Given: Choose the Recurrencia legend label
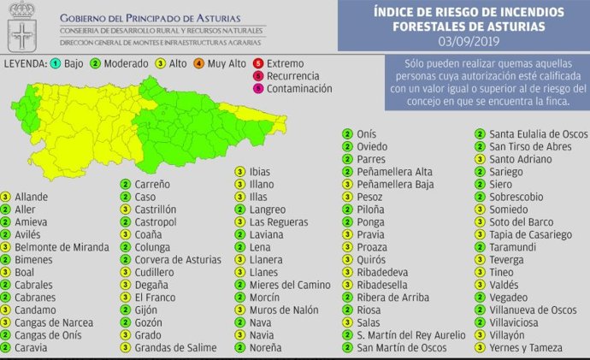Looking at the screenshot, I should pos(294,75).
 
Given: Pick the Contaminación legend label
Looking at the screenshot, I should pos(299,88).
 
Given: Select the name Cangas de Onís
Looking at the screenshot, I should pos(50,334).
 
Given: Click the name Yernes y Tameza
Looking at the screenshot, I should pos(527,347).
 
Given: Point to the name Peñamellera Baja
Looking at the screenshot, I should pos(396,184).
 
